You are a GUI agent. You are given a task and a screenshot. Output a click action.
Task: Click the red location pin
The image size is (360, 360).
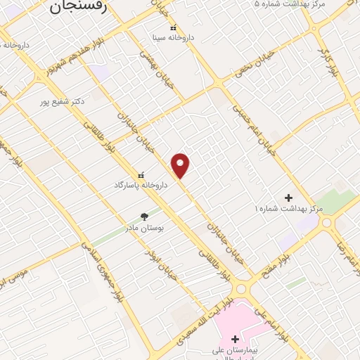click(x=181, y=165)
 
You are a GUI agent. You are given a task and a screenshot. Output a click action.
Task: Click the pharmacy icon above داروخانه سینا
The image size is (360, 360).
click(x=174, y=27)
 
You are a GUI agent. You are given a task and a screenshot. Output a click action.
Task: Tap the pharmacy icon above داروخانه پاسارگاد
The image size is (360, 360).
click(x=141, y=174)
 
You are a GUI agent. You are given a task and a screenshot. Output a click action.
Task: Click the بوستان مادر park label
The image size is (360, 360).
click(x=144, y=228)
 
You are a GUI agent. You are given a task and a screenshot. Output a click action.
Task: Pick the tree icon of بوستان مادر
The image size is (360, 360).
click(x=144, y=217)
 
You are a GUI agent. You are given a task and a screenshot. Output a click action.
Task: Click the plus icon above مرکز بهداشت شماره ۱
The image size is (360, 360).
click(x=288, y=198)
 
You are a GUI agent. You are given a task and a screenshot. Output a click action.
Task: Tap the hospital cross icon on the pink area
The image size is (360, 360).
click(x=235, y=339)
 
